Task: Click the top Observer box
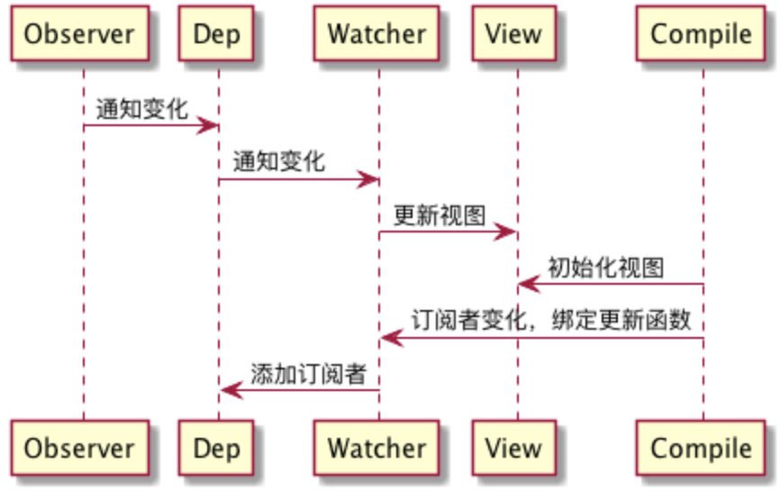pyautogui.click(x=79, y=34)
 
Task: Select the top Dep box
pyautogui.click(x=217, y=34)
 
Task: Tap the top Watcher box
pyautogui.click(x=376, y=34)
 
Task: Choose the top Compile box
pyautogui.click(x=702, y=34)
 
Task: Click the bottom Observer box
pyautogui.click(x=79, y=448)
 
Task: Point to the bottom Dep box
pyautogui.click(x=217, y=448)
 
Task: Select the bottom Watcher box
pyautogui.click(x=376, y=448)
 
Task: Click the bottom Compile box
pyautogui.click(x=702, y=448)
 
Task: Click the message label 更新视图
pyautogui.click(x=440, y=215)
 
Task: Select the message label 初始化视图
pyautogui.click(x=606, y=268)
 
